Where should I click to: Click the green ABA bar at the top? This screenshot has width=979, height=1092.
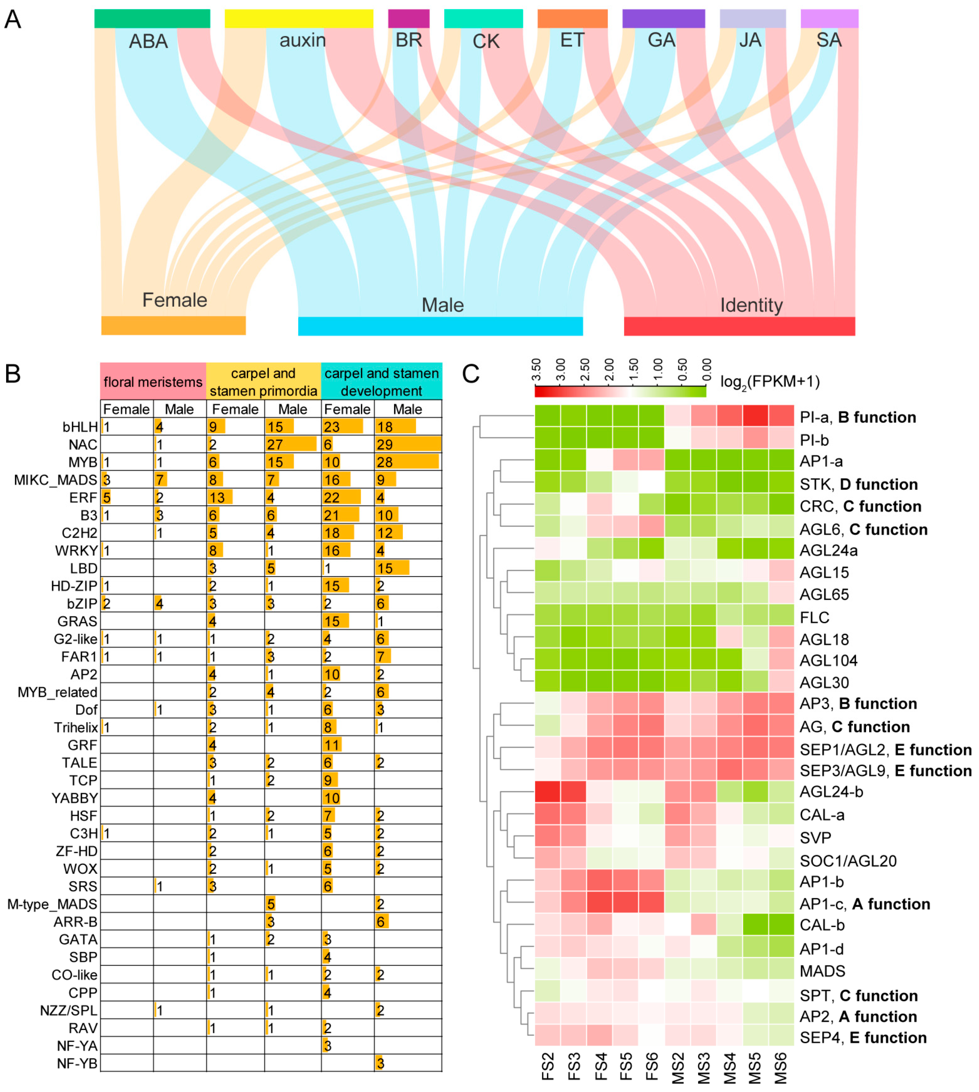[x=152, y=18]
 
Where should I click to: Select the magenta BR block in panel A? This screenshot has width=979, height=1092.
[x=409, y=18]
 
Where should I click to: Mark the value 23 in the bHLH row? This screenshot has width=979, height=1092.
[x=331, y=427]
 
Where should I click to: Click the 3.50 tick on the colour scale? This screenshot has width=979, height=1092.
[x=536, y=370]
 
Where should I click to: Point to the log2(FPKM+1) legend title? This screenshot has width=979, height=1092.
[x=770, y=382]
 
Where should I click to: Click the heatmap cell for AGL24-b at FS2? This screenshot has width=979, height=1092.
[x=548, y=792]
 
